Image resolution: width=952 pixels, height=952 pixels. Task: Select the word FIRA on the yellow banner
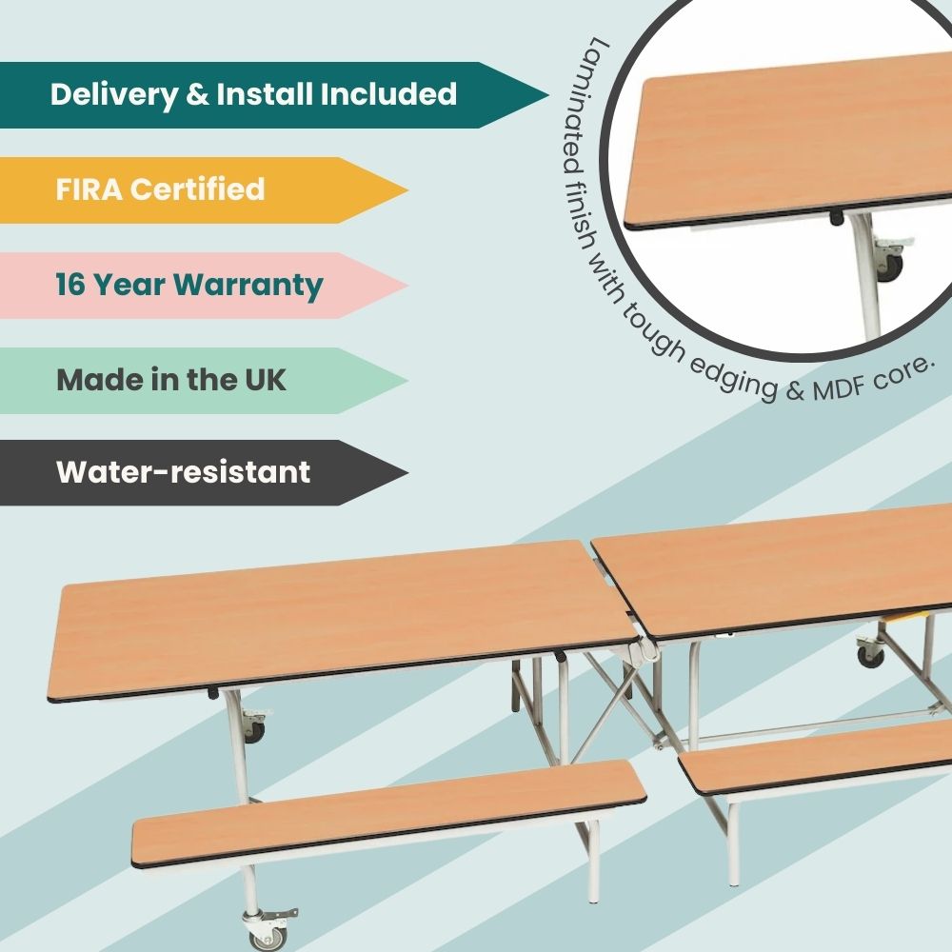pos(89,188)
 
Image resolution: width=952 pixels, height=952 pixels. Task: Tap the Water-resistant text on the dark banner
pos(183,472)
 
